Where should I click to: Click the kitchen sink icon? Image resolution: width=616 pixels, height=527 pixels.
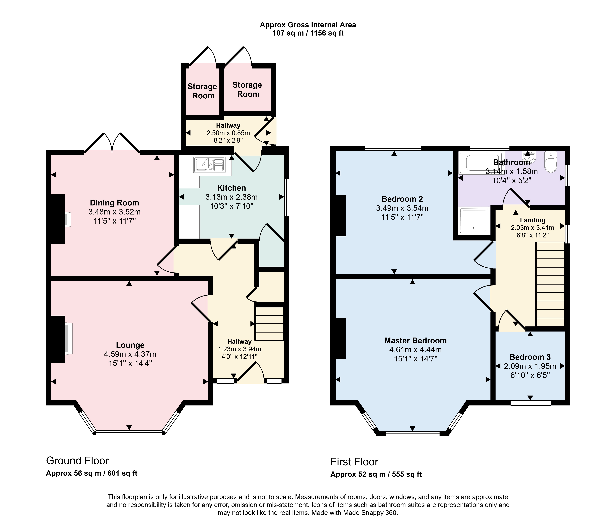click(209, 165)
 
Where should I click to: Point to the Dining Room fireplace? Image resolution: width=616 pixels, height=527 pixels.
click(68, 220)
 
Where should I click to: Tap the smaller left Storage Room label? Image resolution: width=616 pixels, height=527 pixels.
click(202, 91)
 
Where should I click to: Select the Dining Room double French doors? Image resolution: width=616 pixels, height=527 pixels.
click(112, 143)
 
